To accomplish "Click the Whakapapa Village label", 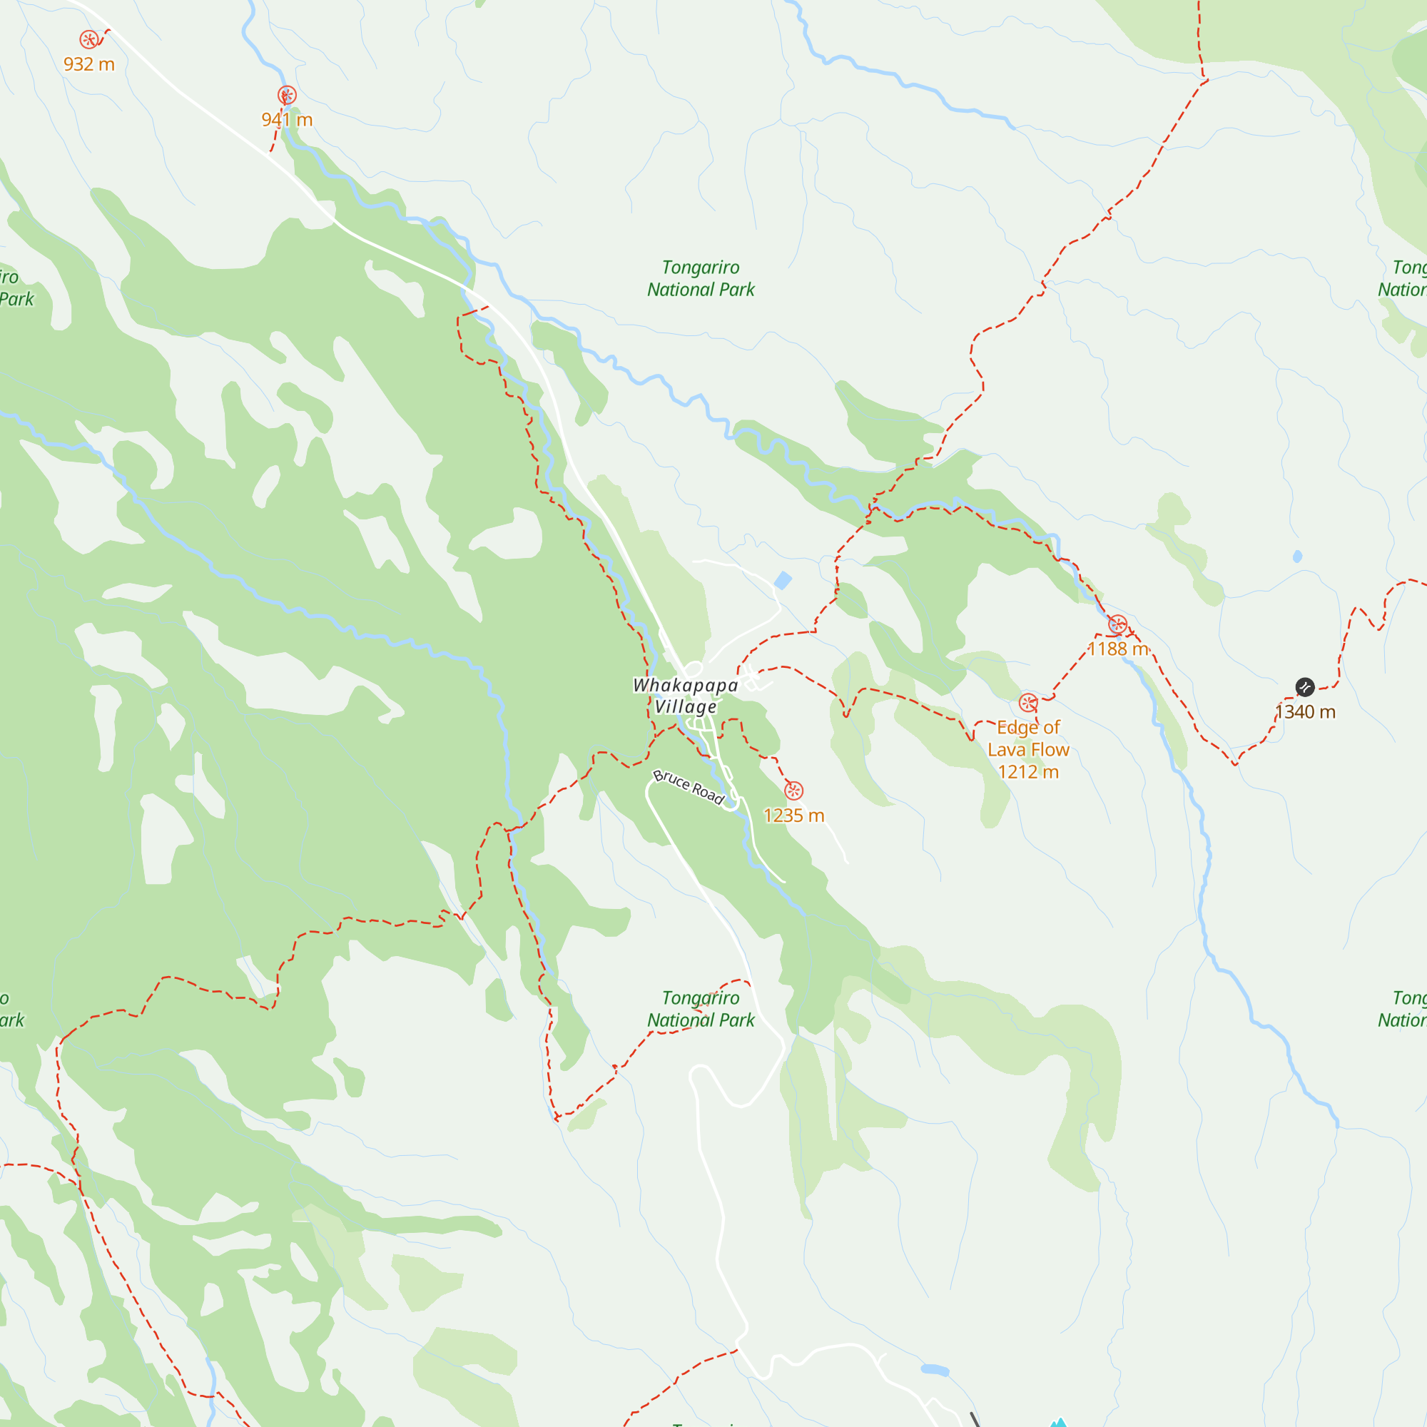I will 686,696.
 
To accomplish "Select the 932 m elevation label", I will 88,64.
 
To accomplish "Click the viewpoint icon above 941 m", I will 288,96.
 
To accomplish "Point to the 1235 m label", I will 793,816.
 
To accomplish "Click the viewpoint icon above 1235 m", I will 793,791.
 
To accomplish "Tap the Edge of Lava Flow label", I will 1028,738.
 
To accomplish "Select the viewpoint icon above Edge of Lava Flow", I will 1028,702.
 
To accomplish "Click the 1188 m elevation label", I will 1117,649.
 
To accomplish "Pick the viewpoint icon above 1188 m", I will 1117,624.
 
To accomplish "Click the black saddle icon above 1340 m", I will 1305,687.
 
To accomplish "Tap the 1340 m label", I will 1305,712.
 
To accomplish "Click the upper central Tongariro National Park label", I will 700,278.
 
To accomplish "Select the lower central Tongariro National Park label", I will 700,1009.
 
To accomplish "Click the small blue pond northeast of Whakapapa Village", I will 783,581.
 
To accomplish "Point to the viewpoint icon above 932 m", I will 88,40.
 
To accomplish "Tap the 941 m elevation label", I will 288,120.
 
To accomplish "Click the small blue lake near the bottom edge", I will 935,1370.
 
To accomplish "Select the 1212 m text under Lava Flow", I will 1028,772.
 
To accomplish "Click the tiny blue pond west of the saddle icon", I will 1298,557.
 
